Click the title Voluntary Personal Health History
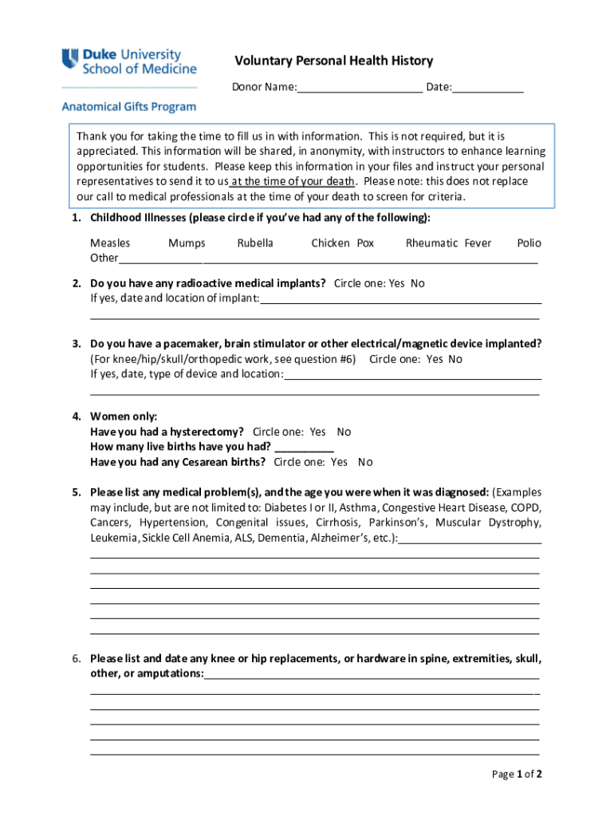(x=333, y=61)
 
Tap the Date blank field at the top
(x=488, y=87)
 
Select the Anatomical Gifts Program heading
(x=129, y=107)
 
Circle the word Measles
(x=110, y=243)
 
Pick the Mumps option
(x=187, y=243)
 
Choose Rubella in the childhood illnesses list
(x=255, y=243)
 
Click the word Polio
(x=529, y=243)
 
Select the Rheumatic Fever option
(x=448, y=243)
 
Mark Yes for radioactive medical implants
(x=396, y=283)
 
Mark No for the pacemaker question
(x=455, y=359)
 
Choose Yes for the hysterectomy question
(x=317, y=432)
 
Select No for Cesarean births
(x=365, y=462)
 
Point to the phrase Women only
(x=124, y=416)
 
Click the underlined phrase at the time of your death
(x=293, y=182)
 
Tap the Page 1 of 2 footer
(x=517, y=774)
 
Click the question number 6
(x=77, y=659)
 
